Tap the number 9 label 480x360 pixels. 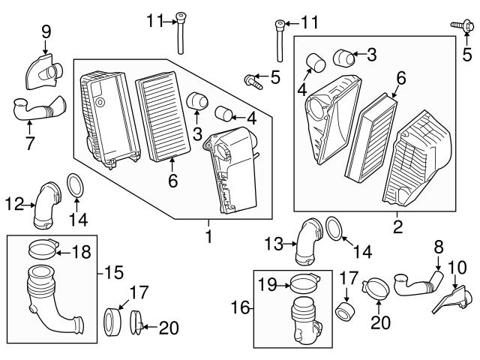tap(46, 31)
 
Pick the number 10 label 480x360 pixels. tap(456, 266)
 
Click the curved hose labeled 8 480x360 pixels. tap(416, 286)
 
